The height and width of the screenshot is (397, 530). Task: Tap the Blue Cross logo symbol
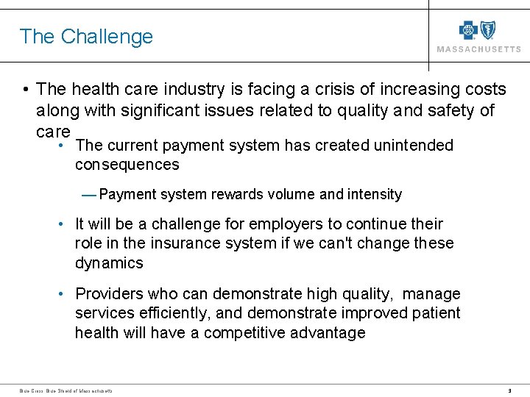coord(469,29)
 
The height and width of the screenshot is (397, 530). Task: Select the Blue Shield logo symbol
coord(488,29)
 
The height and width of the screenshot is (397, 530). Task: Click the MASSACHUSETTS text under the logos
coord(478,49)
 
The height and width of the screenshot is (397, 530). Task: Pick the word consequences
coord(127,165)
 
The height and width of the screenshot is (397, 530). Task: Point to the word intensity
coord(374,195)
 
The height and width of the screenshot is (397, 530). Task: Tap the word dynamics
coord(109,262)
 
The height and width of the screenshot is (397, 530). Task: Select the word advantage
coord(331,333)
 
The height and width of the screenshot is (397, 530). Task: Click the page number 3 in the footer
coord(509,390)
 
